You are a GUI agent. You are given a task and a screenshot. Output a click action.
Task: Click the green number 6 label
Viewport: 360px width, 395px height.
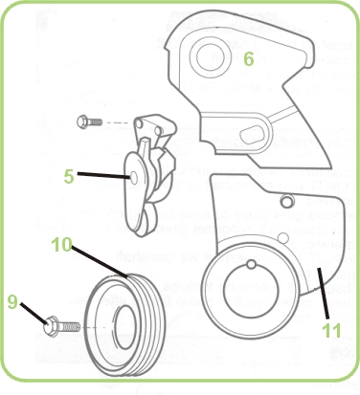[x=249, y=59]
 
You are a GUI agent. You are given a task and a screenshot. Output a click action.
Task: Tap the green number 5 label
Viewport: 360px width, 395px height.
[x=69, y=176]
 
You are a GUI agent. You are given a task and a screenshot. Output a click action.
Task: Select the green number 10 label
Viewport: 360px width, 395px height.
[x=62, y=245]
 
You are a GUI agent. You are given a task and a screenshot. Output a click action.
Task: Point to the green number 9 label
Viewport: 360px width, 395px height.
[x=12, y=301]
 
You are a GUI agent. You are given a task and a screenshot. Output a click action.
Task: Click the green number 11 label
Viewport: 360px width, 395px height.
[x=331, y=330]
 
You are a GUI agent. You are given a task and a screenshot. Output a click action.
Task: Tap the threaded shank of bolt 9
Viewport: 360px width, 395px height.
[x=69, y=326]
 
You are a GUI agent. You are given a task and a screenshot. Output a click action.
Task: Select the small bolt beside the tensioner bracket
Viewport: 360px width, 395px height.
[x=90, y=121]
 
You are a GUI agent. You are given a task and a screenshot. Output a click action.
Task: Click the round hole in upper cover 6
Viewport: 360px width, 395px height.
[x=210, y=56]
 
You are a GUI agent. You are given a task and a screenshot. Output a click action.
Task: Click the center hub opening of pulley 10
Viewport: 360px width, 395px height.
[x=124, y=327]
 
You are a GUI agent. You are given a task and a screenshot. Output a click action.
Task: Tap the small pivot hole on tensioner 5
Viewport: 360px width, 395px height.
[x=135, y=177]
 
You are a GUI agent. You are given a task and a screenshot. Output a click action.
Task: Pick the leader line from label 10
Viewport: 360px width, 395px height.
[x=100, y=261]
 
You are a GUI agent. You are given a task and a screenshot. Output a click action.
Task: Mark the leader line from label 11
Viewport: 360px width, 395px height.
[x=323, y=293]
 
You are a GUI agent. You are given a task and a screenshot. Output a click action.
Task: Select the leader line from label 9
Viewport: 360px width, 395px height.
[x=34, y=314]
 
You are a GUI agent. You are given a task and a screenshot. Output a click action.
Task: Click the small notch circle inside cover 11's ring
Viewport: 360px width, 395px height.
[x=252, y=264]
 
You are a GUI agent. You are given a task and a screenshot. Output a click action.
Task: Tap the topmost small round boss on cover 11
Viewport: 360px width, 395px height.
[x=287, y=201]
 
